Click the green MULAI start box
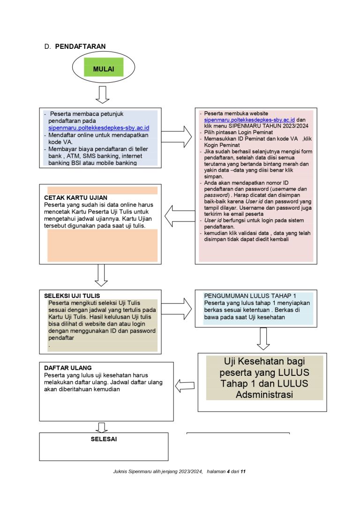pos(103,69)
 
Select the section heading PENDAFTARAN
pos(80,46)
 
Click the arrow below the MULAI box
pos(102,94)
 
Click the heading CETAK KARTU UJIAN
pos(75,198)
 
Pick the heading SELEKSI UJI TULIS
pos(72,296)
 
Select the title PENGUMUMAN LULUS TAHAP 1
pos(250,296)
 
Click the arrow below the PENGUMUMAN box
pos(263,338)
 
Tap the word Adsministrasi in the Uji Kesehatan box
pos(264,395)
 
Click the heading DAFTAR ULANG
pos(68,368)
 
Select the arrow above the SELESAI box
pos(101,427)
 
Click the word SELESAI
pos(104,439)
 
